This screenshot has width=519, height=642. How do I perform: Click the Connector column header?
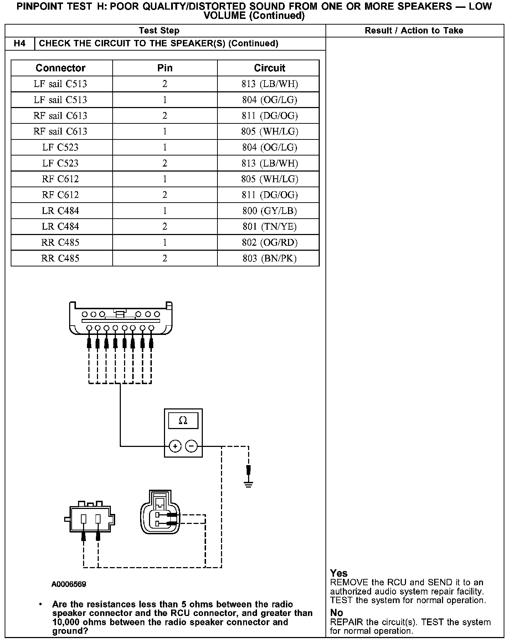coord(61,68)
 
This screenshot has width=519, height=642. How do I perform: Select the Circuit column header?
coord(269,68)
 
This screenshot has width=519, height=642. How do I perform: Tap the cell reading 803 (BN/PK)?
coord(269,258)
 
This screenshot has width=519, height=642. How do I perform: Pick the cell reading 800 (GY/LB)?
coord(269,211)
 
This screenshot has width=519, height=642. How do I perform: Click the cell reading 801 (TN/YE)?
coord(269,226)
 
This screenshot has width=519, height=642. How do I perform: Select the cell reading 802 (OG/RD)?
coord(269,243)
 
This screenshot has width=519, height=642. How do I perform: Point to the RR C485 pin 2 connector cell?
coord(61,258)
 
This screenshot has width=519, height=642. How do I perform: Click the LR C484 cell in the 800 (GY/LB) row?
coord(61,211)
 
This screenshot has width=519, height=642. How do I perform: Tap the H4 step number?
coord(20,44)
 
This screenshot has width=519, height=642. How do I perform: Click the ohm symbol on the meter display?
coord(183,421)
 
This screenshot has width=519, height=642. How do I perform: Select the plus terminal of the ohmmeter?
coord(175,446)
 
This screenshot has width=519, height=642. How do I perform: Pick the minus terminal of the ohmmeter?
coord(191,446)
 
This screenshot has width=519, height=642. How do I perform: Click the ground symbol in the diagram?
coord(248,484)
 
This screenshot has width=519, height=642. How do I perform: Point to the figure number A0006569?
coord(69,584)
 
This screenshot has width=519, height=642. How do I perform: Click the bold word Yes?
coord(339,573)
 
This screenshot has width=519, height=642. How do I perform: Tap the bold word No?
coord(336,613)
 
